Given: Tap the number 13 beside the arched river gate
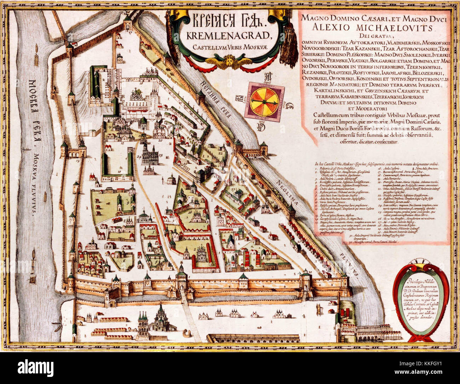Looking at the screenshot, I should click(77, 160).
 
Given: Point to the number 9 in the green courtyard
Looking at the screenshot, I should click(119, 203).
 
